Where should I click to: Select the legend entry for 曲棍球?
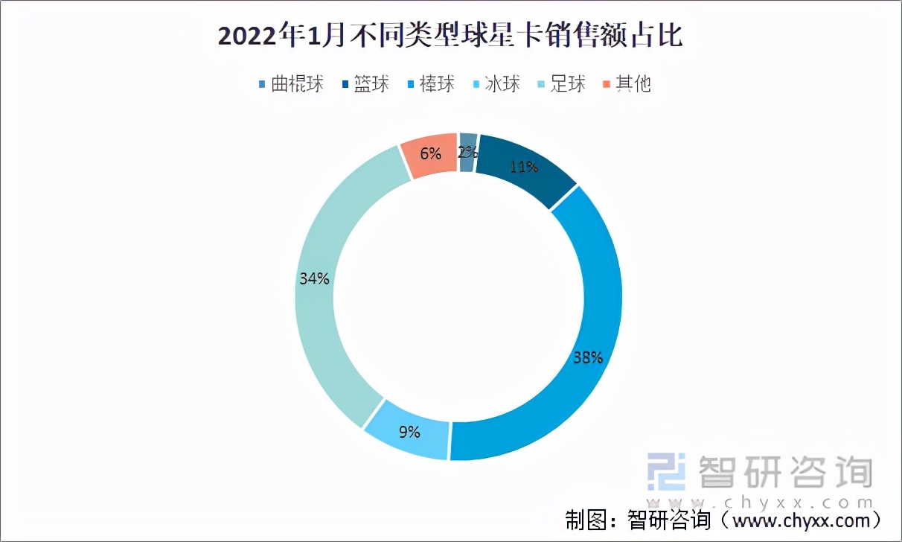tap(290, 83)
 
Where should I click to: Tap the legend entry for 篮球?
tap(364, 83)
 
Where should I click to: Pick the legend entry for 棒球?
tap(429, 83)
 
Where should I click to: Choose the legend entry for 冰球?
tap(495, 83)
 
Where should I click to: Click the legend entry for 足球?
tap(560, 83)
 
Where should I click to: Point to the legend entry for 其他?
tap(626, 83)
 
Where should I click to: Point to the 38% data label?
tap(587, 357)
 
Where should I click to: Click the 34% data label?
tap(314, 278)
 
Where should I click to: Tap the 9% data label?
tap(409, 431)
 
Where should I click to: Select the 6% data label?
tap(431, 154)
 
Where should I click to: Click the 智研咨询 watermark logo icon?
tap(665, 471)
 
